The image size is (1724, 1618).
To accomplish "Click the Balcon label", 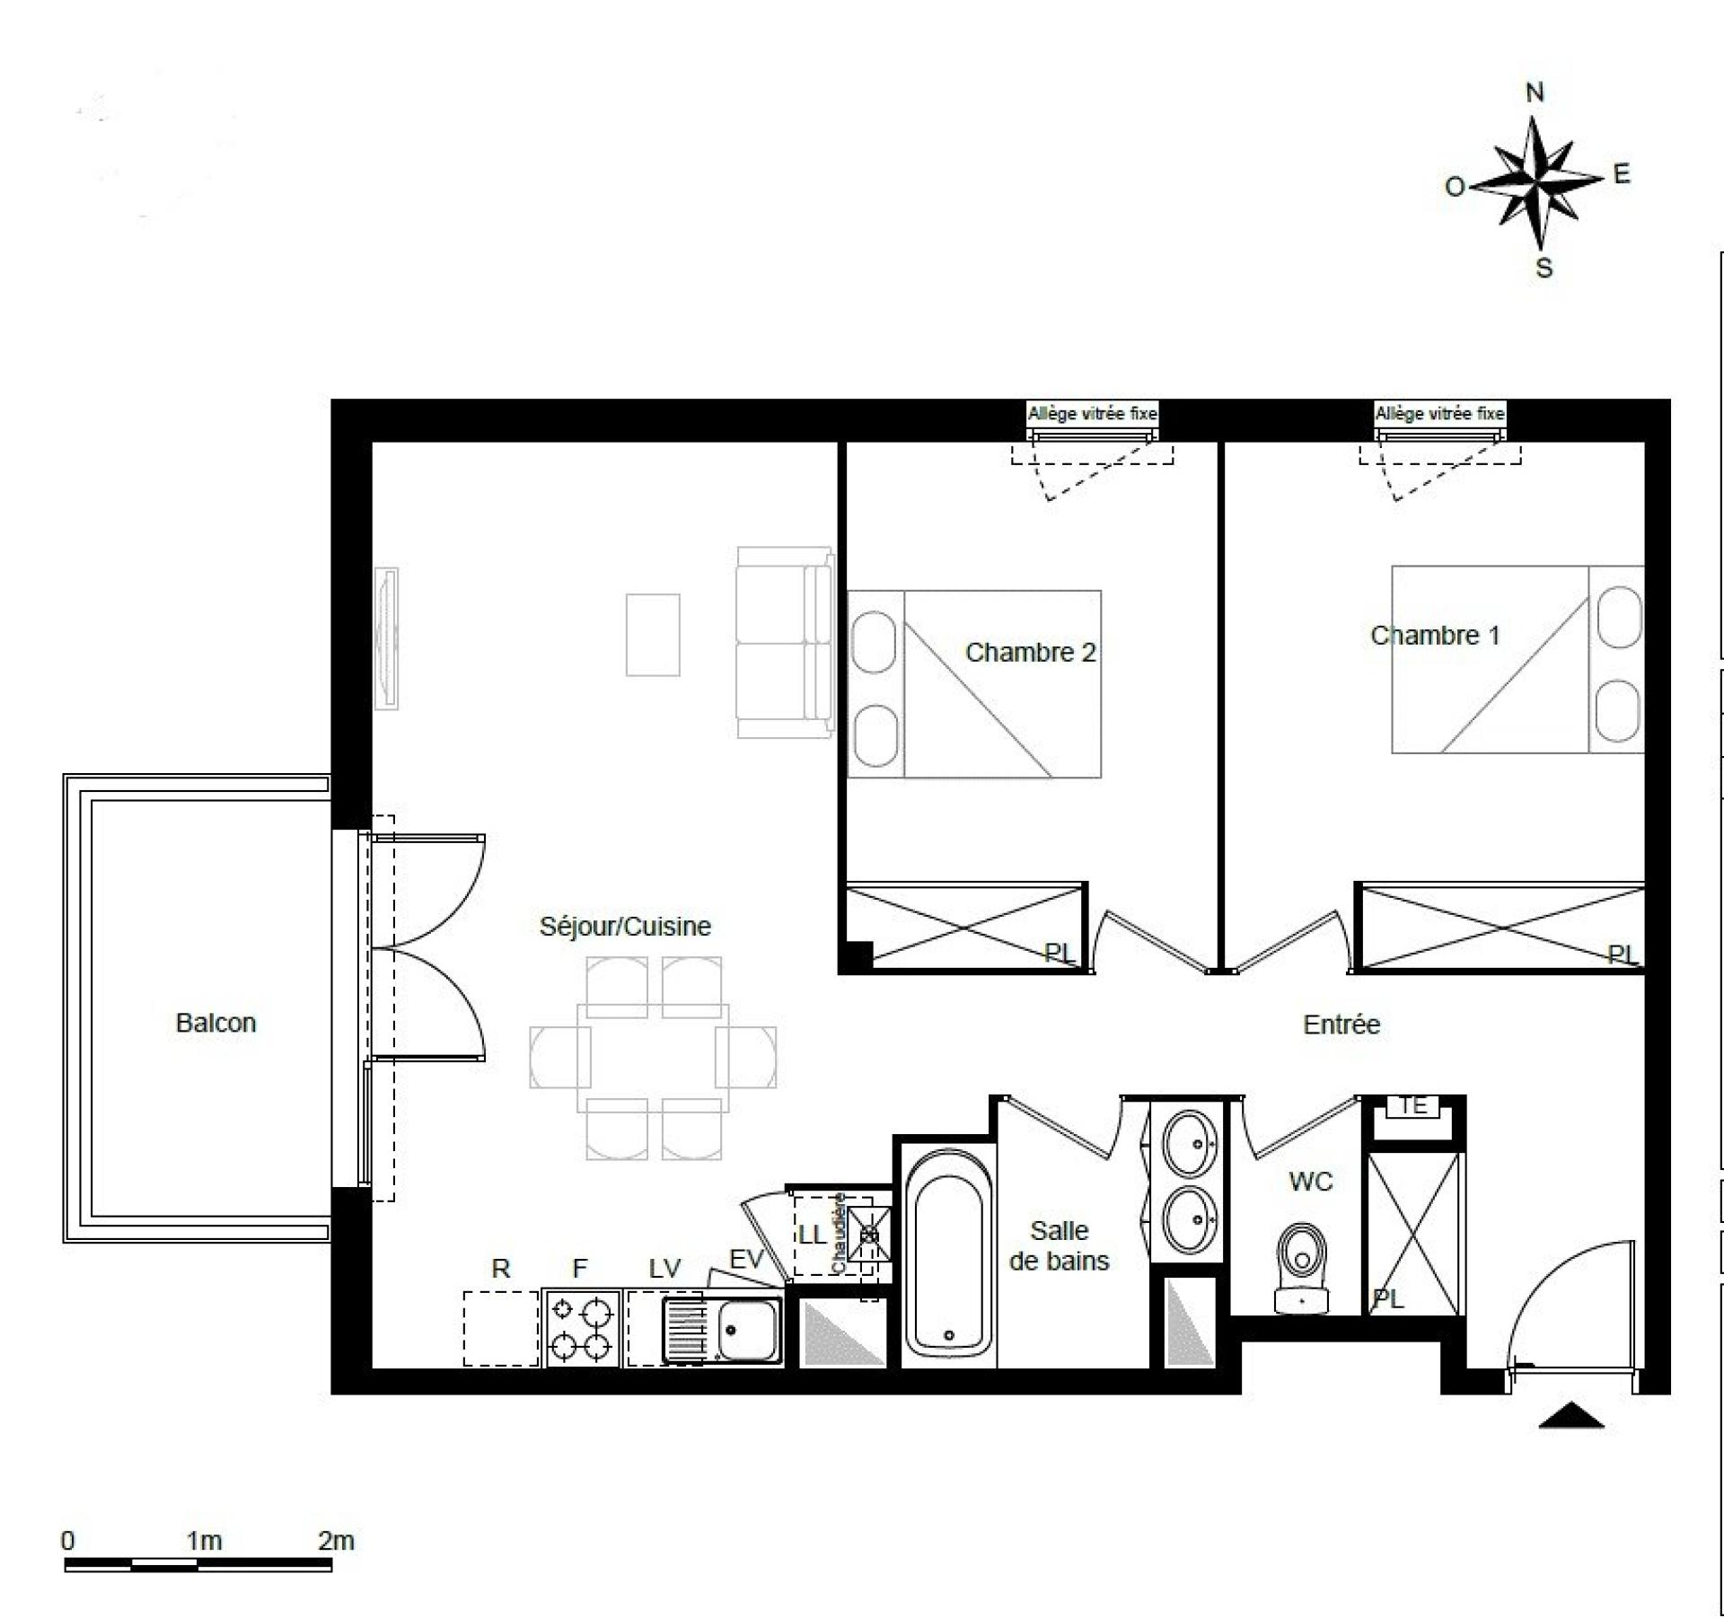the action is pos(215,1023).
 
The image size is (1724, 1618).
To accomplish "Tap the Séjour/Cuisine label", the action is pos(625,926).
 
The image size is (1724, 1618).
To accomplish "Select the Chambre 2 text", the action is pos(1030,652).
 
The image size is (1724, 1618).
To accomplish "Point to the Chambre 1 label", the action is pos(1435,635).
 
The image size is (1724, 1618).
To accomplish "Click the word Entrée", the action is pos(1341,1024).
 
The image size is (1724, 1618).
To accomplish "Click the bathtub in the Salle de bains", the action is pos(949,1253).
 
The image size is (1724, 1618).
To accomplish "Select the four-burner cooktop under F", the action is pos(582,1329).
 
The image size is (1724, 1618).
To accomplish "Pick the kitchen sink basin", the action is pos(749,1330).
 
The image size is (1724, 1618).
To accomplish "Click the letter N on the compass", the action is pos(1535,92).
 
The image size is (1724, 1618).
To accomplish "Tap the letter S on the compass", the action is pos(1544,268).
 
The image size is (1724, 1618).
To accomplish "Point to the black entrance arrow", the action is pos(1571,1415).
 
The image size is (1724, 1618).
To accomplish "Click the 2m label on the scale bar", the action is pos(336,1541).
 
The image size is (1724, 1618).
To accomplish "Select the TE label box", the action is pos(1413,1106).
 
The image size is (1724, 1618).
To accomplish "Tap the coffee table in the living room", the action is pos(653,635).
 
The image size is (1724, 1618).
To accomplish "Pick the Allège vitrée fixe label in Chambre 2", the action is pos(1092,414).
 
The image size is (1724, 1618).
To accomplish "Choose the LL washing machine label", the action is pos(812,1235).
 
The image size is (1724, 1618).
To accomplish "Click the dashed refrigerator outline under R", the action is pos(501,1328).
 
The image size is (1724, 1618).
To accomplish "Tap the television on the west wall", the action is pos(387,638).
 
